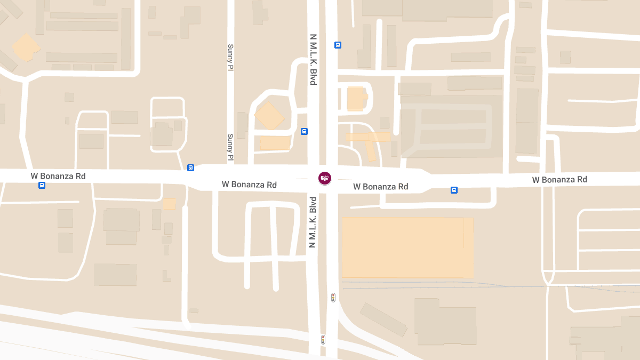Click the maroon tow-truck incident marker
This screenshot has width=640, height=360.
pos(324,178)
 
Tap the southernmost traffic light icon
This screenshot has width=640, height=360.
pos(323,339)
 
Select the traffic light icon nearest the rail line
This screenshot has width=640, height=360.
pos(333,297)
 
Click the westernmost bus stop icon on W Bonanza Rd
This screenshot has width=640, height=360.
pos(42,185)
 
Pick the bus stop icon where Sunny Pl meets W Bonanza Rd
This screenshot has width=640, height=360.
pos(191,167)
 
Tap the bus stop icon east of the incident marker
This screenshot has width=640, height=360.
pos(454,190)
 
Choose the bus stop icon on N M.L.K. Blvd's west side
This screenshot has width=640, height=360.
pos(304,131)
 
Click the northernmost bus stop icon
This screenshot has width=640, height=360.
pos(338,45)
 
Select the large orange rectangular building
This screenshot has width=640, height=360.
pos(407,247)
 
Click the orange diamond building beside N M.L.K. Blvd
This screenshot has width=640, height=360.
pos(269,116)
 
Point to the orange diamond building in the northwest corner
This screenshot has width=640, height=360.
pos(26,47)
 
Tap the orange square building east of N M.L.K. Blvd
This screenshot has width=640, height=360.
pos(356,99)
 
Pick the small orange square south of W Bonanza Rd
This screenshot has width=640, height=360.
pos(169,204)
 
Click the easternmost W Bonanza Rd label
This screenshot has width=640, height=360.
pos(559,180)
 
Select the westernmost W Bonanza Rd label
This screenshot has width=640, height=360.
pos(58,176)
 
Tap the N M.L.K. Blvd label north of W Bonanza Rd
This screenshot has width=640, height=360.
pos(314,60)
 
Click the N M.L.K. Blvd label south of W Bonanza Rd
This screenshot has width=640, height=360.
pos(313,222)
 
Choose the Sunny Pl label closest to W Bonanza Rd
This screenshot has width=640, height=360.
pos(230,147)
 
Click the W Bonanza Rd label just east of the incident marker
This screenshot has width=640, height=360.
pos(380,187)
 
